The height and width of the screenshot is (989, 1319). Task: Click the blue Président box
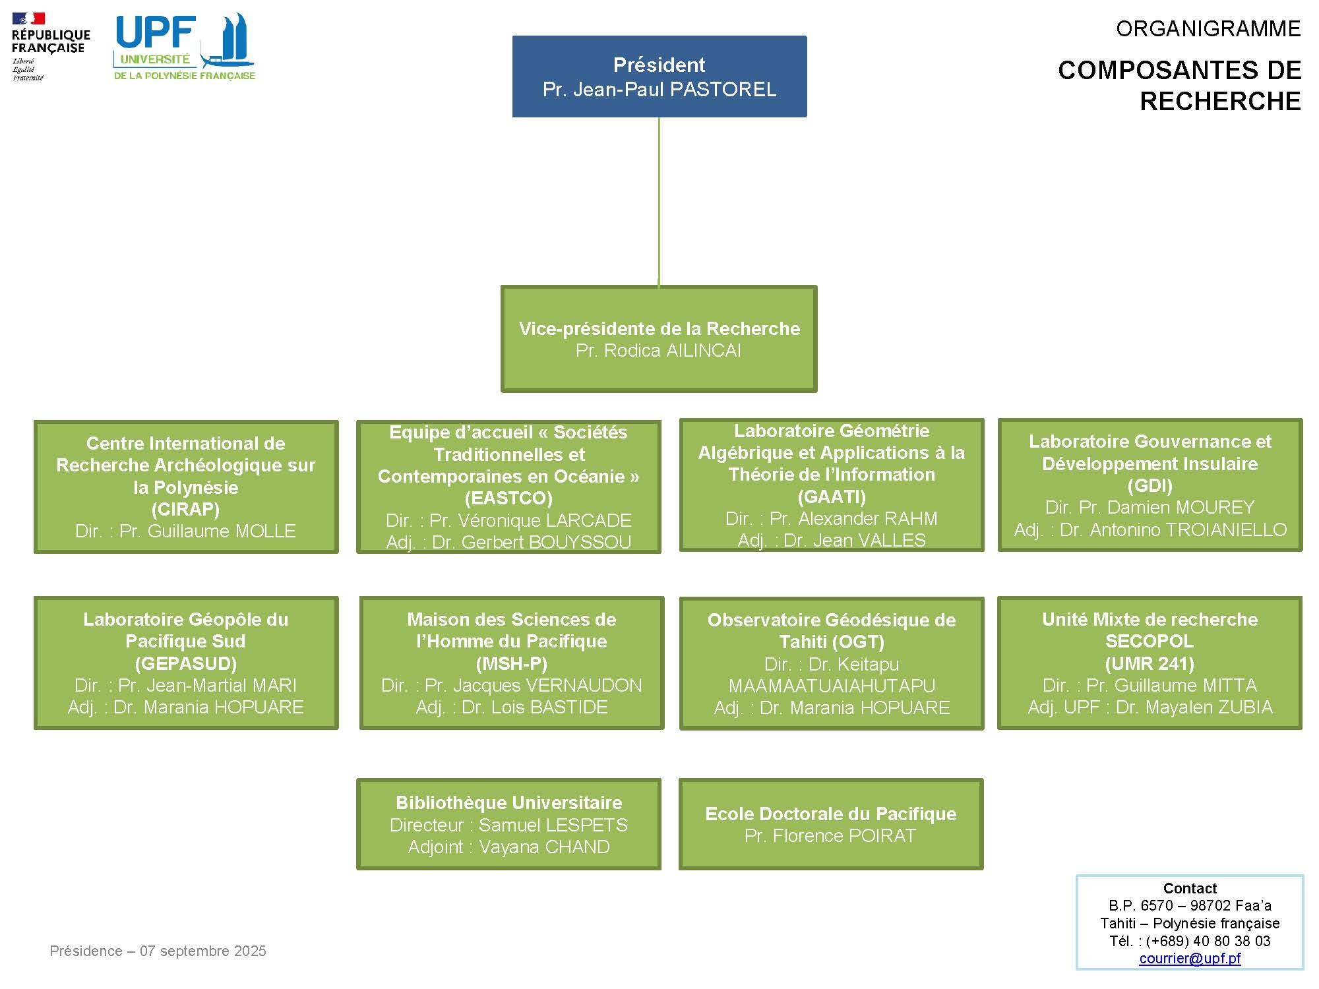click(x=659, y=76)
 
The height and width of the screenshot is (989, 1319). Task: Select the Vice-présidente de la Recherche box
click(x=659, y=339)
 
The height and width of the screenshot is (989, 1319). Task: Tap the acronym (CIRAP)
click(x=185, y=509)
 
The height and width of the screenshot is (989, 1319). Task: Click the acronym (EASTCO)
click(x=508, y=498)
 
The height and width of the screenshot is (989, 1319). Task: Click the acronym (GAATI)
click(x=832, y=496)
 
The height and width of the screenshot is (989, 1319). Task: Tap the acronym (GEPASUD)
click(x=185, y=663)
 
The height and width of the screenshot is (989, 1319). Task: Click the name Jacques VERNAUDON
click(x=533, y=686)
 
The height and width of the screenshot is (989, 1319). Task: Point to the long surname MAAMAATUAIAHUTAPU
click(x=832, y=686)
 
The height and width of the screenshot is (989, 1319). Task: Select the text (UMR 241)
click(x=1150, y=663)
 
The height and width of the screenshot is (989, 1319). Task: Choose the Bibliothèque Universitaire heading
click(x=508, y=802)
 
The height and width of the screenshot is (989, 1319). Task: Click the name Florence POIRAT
click(x=844, y=836)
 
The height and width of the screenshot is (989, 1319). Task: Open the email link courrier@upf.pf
click(x=1190, y=958)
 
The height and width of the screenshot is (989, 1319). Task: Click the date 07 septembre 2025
click(x=203, y=951)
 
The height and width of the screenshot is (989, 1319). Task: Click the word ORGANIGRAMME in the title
click(x=1208, y=29)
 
